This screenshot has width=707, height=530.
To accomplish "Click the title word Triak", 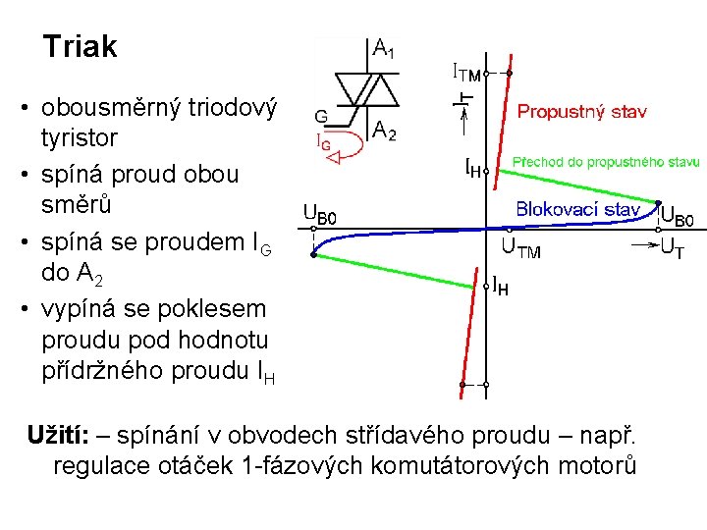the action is (81, 46).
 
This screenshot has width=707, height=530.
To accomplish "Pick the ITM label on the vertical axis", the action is (465, 73).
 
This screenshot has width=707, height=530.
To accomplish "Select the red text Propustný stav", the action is (581, 112).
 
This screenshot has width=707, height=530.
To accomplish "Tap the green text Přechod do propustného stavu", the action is (606, 161).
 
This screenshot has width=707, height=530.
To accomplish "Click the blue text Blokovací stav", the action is (578, 209).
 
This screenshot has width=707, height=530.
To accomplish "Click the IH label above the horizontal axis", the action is (473, 169).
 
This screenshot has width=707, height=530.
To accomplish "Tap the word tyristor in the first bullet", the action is (80, 137).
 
